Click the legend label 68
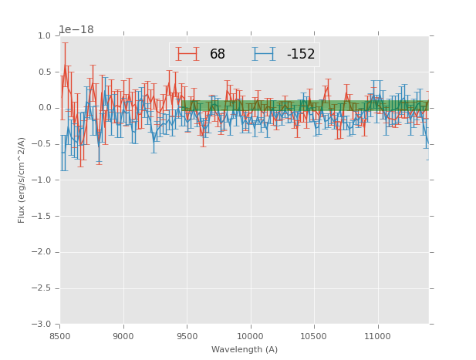218,54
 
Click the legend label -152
301,54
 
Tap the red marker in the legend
187,54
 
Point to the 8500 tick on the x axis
60,335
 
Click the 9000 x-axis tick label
123,335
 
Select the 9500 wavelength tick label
187,335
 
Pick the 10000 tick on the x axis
251,335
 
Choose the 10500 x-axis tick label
314,335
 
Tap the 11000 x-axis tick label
377,335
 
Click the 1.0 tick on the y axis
44,36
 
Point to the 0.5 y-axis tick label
44,72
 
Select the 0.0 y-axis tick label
44,108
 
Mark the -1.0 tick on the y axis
42,180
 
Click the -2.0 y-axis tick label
42,252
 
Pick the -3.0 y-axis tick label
42,325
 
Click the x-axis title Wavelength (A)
245,349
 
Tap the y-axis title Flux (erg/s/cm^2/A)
22,180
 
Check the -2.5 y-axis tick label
42,288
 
